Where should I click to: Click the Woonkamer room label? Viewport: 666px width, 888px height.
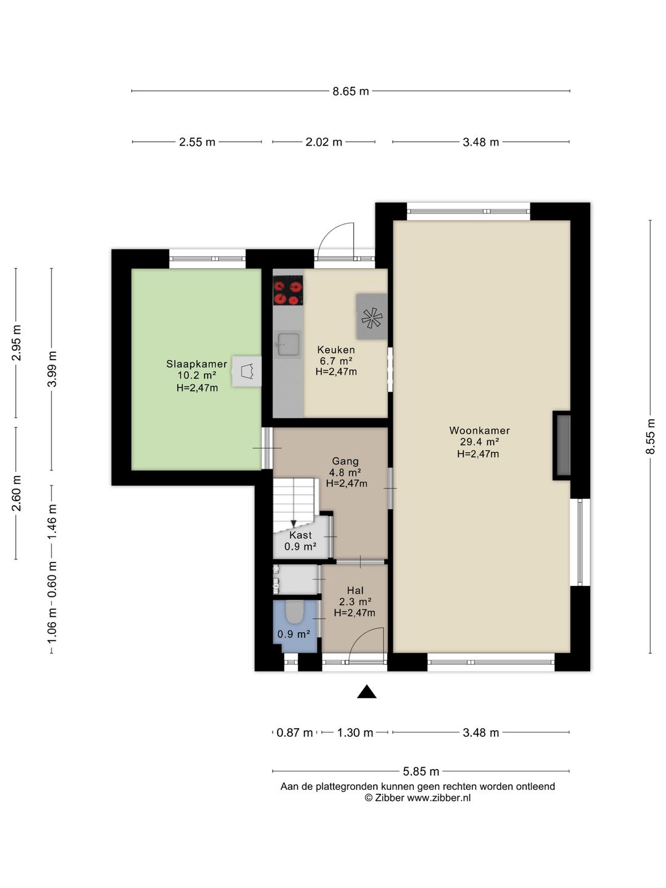(x=479, y=430)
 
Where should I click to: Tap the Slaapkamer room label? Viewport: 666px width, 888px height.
(x=197, y=364)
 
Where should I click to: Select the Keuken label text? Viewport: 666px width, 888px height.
(x=336, y=350)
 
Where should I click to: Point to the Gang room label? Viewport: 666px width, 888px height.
(x=345, y=461)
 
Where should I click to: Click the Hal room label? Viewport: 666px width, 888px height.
(x=355, y=591)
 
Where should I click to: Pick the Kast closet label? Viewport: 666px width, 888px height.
(x=300, y=535)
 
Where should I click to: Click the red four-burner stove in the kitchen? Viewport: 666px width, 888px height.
(x=288, y=290)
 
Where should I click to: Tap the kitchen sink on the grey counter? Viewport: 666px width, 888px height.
(x=287, y=345)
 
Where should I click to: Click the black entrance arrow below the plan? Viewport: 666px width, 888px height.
(x=366, y=692)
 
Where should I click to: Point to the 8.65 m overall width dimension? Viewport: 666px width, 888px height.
(x=351, y=91)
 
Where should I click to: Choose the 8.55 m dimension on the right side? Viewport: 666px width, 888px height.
(x=650, y=437)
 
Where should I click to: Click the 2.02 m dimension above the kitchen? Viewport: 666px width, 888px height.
(x=324, y=142)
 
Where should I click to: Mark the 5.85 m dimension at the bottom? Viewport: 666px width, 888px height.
(x=421, y=771)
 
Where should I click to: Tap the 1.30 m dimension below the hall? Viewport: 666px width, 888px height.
(x=355, y=733)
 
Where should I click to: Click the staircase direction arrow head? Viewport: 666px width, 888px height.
(x=294, y=524)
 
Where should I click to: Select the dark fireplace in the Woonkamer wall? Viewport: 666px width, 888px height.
(x=562, y=445)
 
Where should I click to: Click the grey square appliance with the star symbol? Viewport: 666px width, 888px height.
(x=372, y=316)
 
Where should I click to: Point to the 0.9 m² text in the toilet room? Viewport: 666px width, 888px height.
(x=294, y=634)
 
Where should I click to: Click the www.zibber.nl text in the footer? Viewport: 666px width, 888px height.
(x=438, y=798)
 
